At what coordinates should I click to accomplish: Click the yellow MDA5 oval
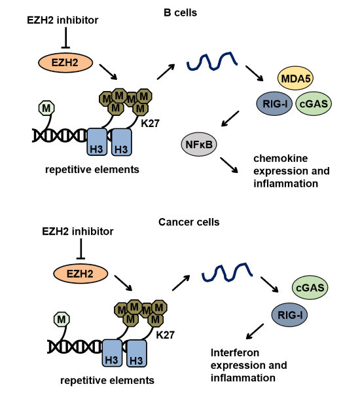tap(295, 78)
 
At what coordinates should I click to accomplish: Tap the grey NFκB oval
tap(199, 144)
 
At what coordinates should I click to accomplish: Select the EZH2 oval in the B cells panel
tap(65, 62)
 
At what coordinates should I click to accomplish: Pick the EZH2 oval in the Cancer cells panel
tap(81, 274)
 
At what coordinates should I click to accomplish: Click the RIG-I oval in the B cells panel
tap(274, 103)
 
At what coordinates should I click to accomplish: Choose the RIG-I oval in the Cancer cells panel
tap(289, 315)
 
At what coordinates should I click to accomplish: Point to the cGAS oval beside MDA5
tap(314, 103)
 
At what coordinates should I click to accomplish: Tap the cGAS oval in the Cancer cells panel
tap(310, 288)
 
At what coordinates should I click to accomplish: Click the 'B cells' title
tap(180, 12)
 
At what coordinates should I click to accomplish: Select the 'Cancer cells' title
tap(189, 222)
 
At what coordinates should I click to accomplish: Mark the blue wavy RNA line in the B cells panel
tap(212, 61)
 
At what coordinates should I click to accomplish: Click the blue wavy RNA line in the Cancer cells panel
tap(227, 272)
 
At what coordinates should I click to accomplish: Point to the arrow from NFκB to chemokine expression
tap(229, 165)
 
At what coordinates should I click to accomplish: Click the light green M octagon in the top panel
tap(46, 108)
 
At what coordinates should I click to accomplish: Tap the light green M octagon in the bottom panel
tap(62, 320)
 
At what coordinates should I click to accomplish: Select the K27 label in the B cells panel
tap(150, 123)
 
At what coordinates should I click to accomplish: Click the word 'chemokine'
tap(281, 159)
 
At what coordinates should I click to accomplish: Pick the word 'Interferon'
tap(235, 352)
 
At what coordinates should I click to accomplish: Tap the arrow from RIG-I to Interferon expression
tap(255, 331)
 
